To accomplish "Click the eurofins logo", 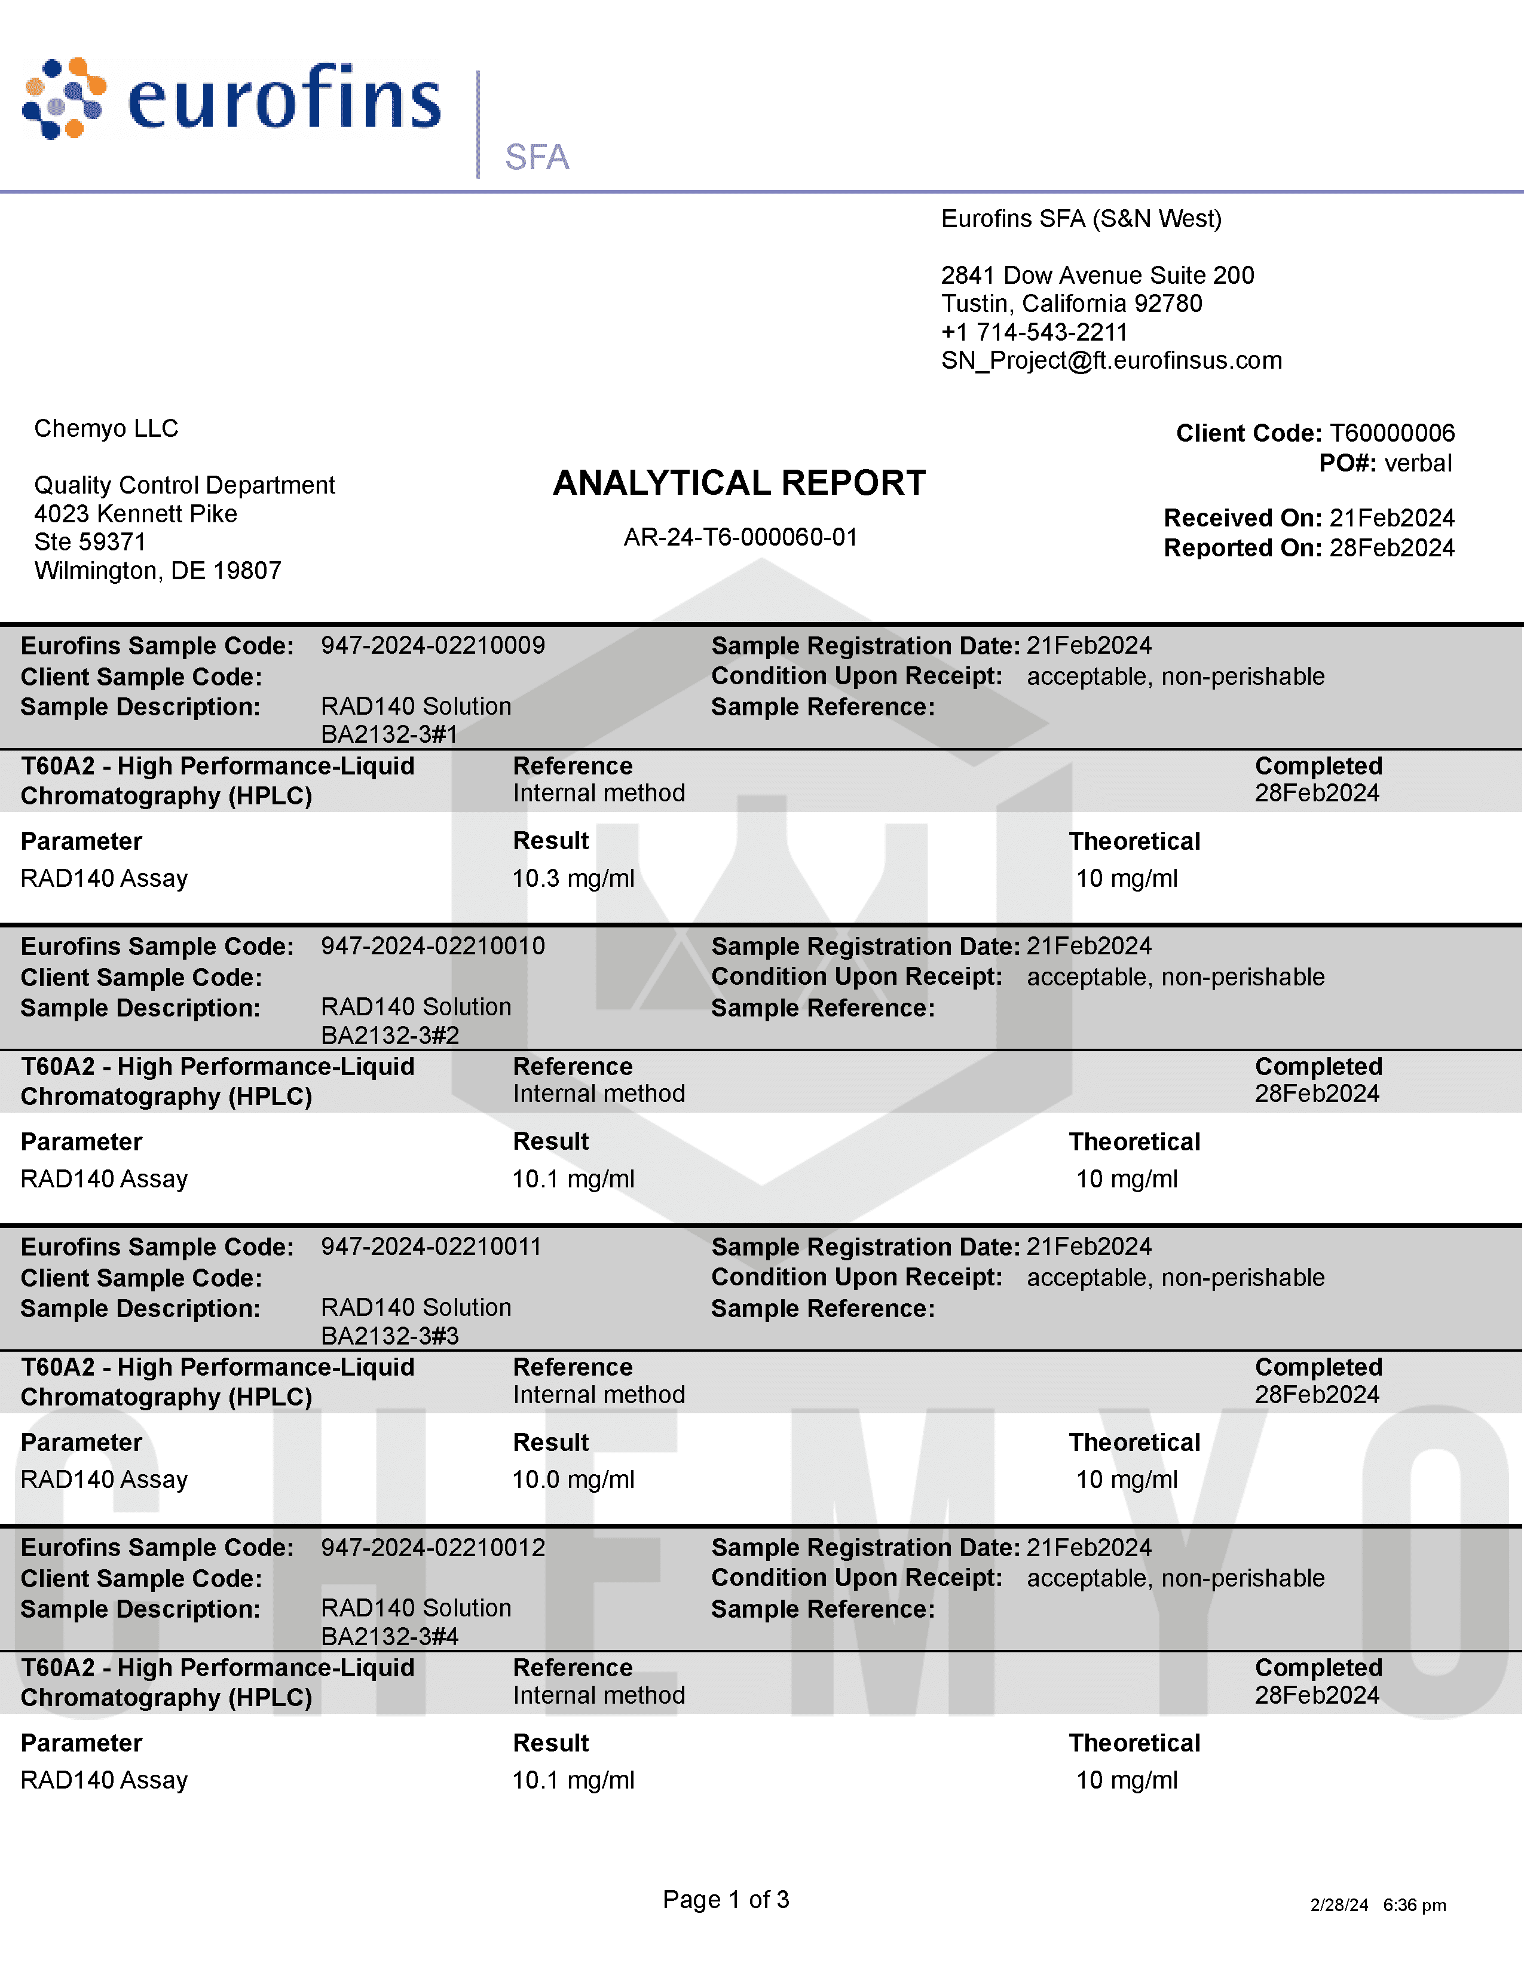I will [x=231, y=99].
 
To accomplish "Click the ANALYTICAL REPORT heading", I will [x=739, y=483].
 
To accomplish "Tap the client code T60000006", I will [x=1391, y=433].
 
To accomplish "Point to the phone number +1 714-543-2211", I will [x=1034, y=332].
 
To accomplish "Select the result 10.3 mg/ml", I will [x=573, y=878].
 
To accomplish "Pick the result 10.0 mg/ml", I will [x=573, y=1480].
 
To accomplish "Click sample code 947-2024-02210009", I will [x=433, y=645].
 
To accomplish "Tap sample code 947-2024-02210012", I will [x=433, y=1548].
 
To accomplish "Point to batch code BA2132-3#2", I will [x=390, y=1035].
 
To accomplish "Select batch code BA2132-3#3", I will [x=390, y=1336].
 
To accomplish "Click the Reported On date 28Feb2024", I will [x=1391, y=548].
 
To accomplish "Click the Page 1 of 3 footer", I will [x=726, y=1900].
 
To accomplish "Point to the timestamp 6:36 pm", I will [x=1414, y=1905].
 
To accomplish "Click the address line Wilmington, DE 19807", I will [x=158, y=571].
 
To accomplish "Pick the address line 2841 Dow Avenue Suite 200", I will [x=1097, y=275].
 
